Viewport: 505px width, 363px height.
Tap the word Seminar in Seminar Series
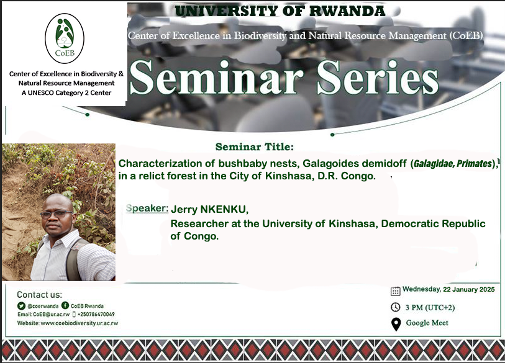click(217, 81)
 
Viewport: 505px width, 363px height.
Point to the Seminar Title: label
click(253, 148)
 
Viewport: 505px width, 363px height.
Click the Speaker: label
click(147, 208)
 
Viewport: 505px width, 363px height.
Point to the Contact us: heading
click(39, 295)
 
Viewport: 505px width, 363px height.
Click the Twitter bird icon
click(20, 306)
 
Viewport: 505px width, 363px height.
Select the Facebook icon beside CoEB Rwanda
click(65, 306)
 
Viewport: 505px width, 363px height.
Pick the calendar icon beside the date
click(395, 290)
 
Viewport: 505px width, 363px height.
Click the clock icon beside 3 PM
click(395, 307)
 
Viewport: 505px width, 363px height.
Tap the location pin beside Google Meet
click(395, 324)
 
